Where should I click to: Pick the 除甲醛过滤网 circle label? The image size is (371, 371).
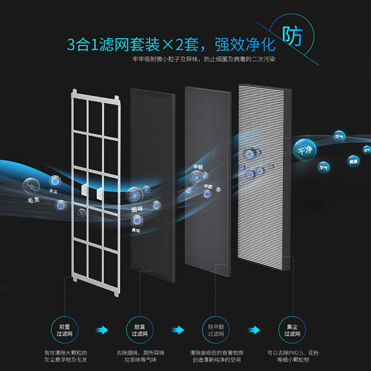[x=216, y=330]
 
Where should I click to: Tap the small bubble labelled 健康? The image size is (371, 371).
[x=353, y=160]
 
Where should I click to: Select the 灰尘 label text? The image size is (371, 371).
[x=53, y=191]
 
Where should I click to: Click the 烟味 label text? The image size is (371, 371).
[x=137, y=210]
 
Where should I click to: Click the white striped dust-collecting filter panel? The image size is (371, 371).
[x=265, y=176]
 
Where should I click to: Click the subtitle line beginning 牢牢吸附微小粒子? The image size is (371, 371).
[x=205, y=59]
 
